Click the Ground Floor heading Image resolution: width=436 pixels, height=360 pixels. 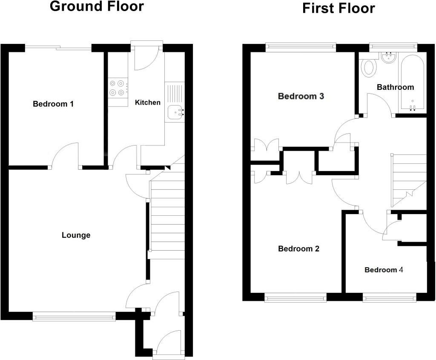tap(97, 7)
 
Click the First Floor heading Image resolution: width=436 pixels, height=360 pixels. tap(338, 8)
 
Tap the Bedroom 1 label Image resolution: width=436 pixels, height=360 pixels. tap(53, 104)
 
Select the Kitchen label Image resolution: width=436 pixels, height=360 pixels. tap(148, 102)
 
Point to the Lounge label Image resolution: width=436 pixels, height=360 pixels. tap(76, 235)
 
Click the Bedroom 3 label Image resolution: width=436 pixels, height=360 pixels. tap(301, 96)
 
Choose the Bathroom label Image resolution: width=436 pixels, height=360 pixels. tap(395, 87)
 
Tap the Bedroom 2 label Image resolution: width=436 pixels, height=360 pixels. tap(298, 249)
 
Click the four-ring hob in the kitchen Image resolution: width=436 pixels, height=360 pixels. tap(118, 88)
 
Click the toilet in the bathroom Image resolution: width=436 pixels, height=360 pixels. tap(368, 67)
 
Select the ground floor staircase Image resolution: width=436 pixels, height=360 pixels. tap(167, 217)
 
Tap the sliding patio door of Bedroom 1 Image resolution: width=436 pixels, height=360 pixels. tap(58, 49)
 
